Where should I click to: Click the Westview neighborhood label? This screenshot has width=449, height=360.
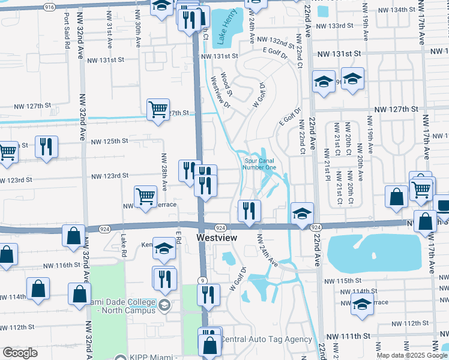point(217,238)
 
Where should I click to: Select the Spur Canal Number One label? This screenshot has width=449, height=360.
point(260,164)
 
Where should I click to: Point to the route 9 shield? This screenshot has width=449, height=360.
point(203,280)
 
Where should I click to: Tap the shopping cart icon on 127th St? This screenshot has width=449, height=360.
point(158,110)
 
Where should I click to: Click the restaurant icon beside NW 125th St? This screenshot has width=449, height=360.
point(46,146)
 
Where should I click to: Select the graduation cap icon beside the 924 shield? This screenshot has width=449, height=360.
point(302,212)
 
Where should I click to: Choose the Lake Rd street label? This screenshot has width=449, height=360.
point(124,245)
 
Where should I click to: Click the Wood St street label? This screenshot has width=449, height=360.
point(226,86)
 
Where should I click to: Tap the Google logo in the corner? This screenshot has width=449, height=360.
point(20,353)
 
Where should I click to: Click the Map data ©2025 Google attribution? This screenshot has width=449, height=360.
point(412,355)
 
